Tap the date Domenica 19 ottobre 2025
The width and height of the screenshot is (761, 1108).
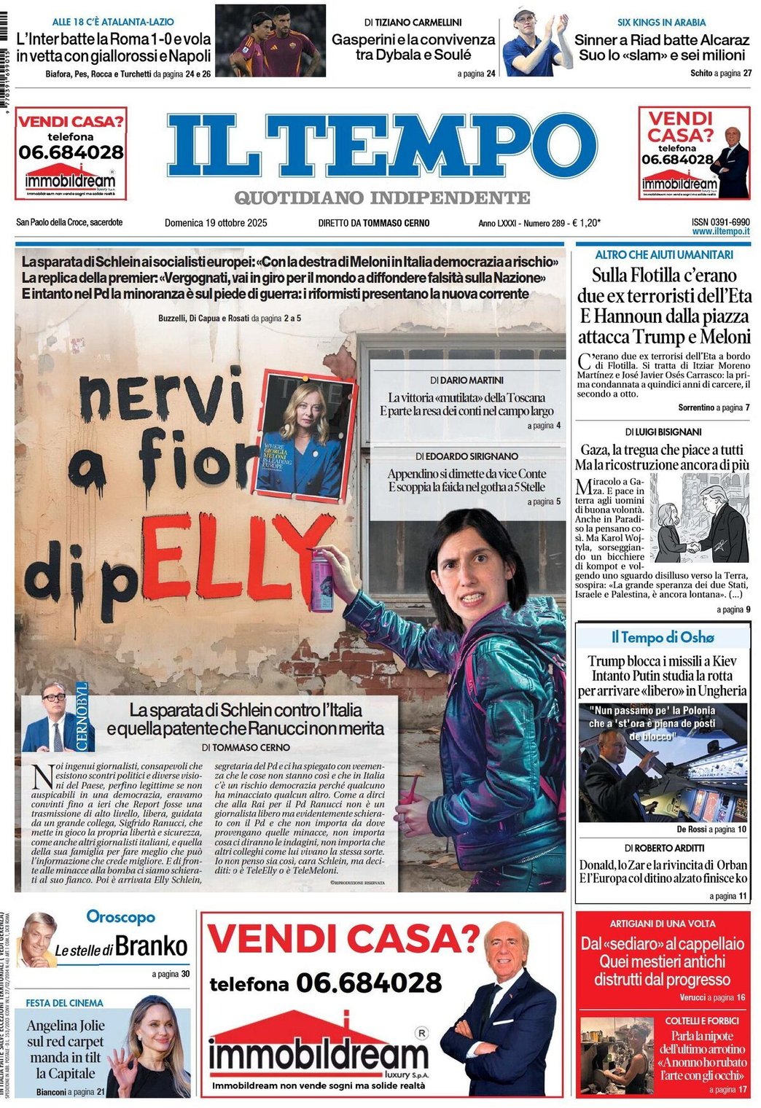216,223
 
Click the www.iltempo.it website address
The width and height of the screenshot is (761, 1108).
720,231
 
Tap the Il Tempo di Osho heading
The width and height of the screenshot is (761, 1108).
662,637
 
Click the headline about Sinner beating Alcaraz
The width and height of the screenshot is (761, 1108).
661,47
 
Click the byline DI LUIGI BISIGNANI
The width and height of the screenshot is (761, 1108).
663,432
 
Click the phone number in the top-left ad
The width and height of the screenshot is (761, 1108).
71,152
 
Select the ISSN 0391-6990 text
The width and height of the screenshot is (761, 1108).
720,222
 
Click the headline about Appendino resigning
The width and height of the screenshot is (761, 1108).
466,480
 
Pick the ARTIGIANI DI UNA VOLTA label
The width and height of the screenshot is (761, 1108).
662,923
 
